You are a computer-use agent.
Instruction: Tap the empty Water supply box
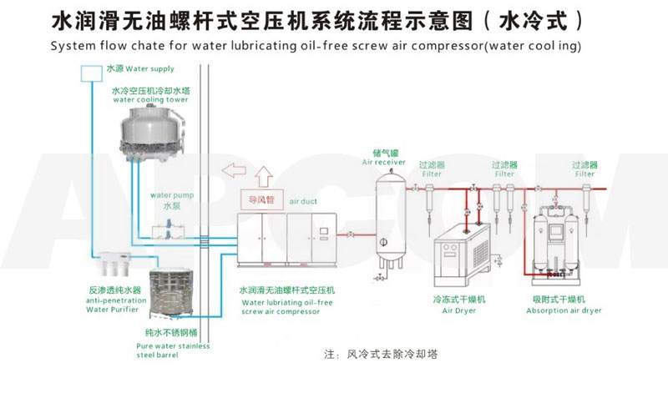(90, 73)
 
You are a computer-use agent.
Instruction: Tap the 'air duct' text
(304, 202)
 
